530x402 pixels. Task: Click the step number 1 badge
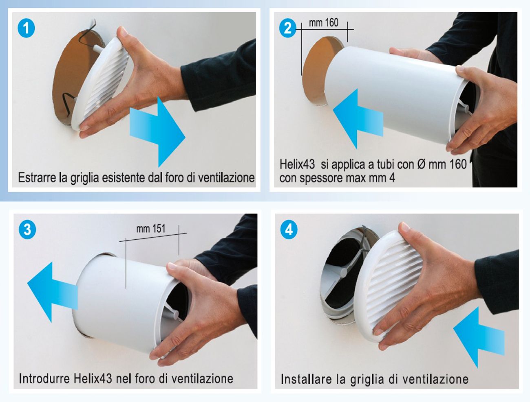tap(26, 28)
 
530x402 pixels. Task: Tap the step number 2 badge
tap(287, 28)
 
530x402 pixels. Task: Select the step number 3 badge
tap(27, 229)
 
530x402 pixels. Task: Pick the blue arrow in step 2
tap(358, 118)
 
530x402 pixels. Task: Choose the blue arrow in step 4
tap(479, 337)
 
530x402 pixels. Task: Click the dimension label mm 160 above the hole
tap(324, 23)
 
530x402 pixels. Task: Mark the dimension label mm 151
tap(151, 229)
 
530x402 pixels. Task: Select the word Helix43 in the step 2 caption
tap(297, 164)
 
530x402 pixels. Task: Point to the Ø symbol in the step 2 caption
tap(420, 164)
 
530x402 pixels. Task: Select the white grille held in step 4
tap(389, 286)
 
